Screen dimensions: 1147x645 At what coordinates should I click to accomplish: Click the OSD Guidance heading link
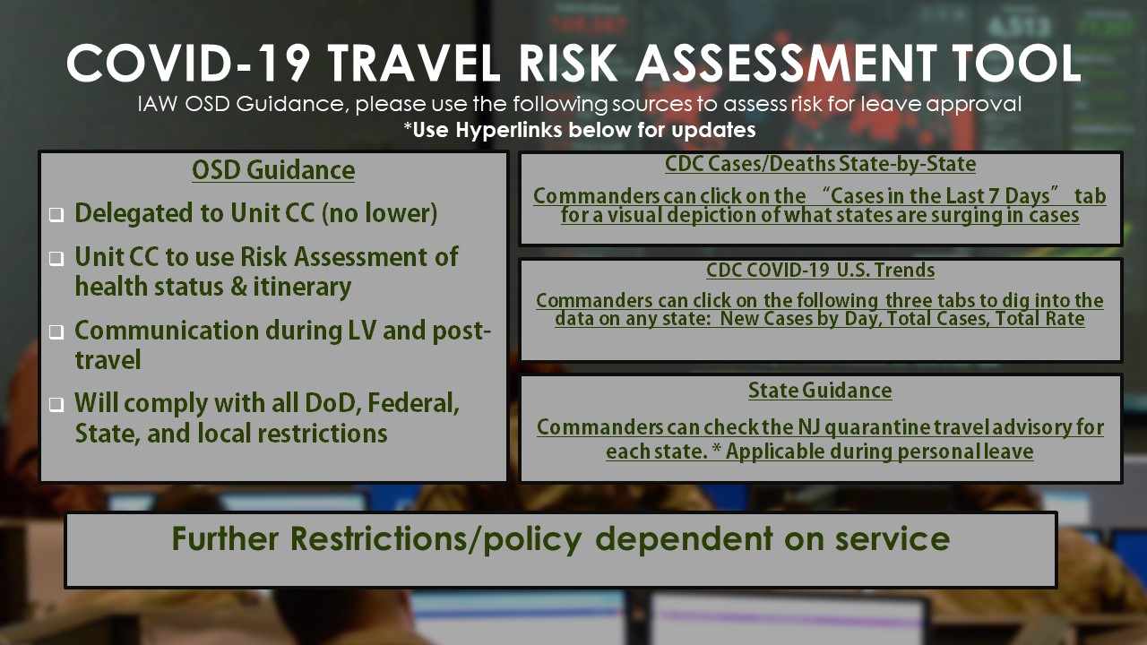(273, 170)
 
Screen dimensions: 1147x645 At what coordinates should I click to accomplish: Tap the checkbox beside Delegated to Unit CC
(56, 214)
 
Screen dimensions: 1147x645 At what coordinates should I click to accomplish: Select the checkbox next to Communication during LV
(56, 332)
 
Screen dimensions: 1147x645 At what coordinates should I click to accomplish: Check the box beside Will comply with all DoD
(56, 405)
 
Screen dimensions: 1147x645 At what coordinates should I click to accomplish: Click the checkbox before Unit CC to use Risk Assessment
(56, 259)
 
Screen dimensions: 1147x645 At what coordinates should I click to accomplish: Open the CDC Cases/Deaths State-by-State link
(820, 164)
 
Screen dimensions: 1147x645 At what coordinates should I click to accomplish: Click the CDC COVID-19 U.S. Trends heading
(820, 271)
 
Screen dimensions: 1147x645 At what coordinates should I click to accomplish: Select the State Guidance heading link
(820, 391)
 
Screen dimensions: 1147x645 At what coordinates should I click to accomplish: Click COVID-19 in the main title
(188, 63)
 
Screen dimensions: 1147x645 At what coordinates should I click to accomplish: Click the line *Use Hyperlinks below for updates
(579, 130)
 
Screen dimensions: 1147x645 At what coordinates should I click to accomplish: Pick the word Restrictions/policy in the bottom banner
(436, 539)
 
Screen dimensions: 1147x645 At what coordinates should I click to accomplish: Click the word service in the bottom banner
(893, 539)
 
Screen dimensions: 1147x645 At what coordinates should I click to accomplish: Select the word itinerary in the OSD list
(302, 287)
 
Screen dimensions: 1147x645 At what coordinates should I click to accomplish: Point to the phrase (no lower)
(379, 213)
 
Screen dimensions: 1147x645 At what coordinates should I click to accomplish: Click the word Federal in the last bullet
(413, 403)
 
